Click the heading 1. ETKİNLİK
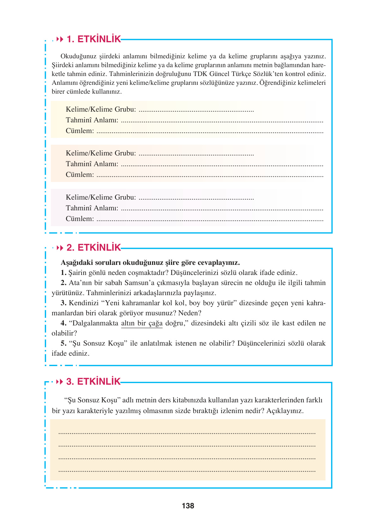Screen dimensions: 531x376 point(94,39)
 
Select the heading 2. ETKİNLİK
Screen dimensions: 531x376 point(94,248)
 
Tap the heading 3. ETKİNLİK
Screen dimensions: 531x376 point(93,382)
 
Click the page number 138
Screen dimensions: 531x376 point(188,506)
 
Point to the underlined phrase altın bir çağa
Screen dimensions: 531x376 point(142,323)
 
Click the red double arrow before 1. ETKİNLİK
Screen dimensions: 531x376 point(60,39)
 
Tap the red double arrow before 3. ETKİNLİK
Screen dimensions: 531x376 point(59,382)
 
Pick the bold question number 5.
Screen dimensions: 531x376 point(63,343)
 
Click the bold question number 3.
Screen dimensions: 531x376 point(63,303)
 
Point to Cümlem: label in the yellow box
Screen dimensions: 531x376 point(80,131)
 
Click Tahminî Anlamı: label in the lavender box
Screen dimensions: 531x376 point(92,208)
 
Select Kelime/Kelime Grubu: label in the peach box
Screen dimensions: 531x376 point(101,153)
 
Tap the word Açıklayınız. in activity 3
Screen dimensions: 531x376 point(285,411)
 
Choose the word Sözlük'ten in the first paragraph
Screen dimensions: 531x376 point(268,74)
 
